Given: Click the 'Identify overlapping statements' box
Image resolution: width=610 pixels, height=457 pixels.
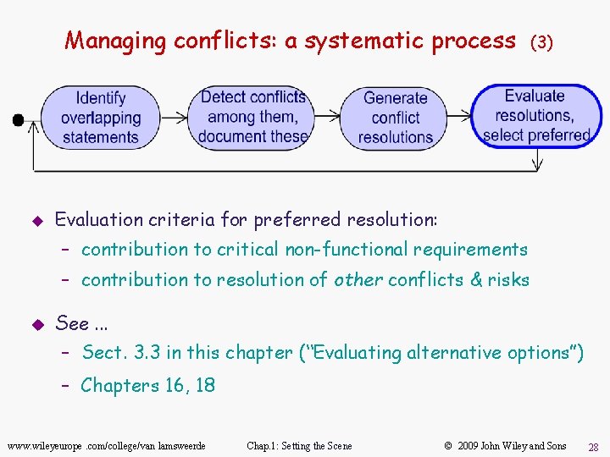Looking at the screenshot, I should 100,118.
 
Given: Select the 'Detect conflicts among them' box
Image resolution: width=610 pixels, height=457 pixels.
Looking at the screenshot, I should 252,117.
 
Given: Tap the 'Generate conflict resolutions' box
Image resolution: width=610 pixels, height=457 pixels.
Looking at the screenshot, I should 395,118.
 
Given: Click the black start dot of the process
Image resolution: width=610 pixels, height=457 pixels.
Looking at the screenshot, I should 18,120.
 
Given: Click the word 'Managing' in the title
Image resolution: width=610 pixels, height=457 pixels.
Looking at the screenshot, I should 116,41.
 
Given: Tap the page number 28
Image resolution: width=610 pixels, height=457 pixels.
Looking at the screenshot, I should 594,446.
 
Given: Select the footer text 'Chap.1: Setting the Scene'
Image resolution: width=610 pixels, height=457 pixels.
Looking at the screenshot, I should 299,446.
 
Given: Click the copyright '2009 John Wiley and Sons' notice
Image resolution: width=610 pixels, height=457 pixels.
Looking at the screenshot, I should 505,446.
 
